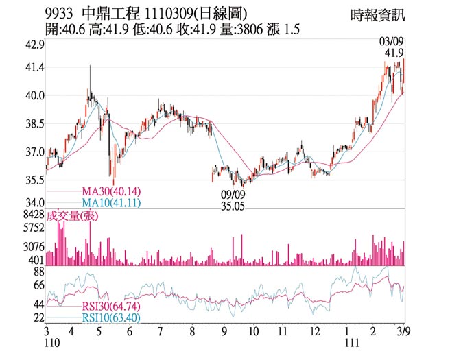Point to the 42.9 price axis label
pyautogui.click(x=34, y=45)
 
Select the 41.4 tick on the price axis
pyautogui.click(x=34, y=68)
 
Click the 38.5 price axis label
pyautogui.click(x=34, y=124)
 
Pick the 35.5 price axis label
pyautogui.click(x=34, y=180)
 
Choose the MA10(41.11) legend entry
pyautogui.click(x=111, y=202)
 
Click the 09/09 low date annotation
pyautogui.click(x=233, y=194)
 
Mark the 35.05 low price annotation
pyautogui.click(x=233, y=205)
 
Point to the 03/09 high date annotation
pyautogui.click(x=393, y=41)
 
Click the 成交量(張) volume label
pyautogui.click(x=73, y=216)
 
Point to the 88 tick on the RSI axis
pyautogui.click(x=38, y=272)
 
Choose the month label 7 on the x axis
pyautogui.click(x=160, y=332)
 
